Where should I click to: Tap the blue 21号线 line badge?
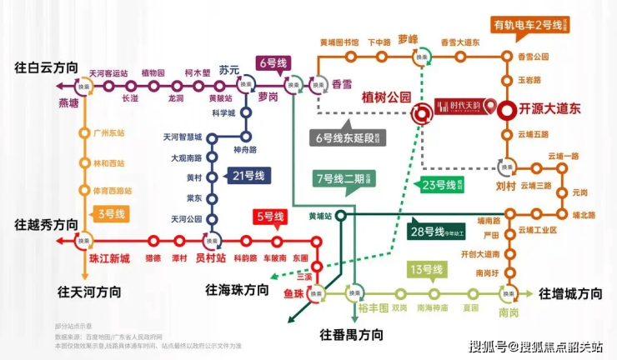248,176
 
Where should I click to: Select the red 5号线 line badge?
270,218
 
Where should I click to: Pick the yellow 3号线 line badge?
111,214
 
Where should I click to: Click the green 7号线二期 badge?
344,179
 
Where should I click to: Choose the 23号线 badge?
442,185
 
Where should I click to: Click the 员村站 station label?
211,259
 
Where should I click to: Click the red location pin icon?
492,107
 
